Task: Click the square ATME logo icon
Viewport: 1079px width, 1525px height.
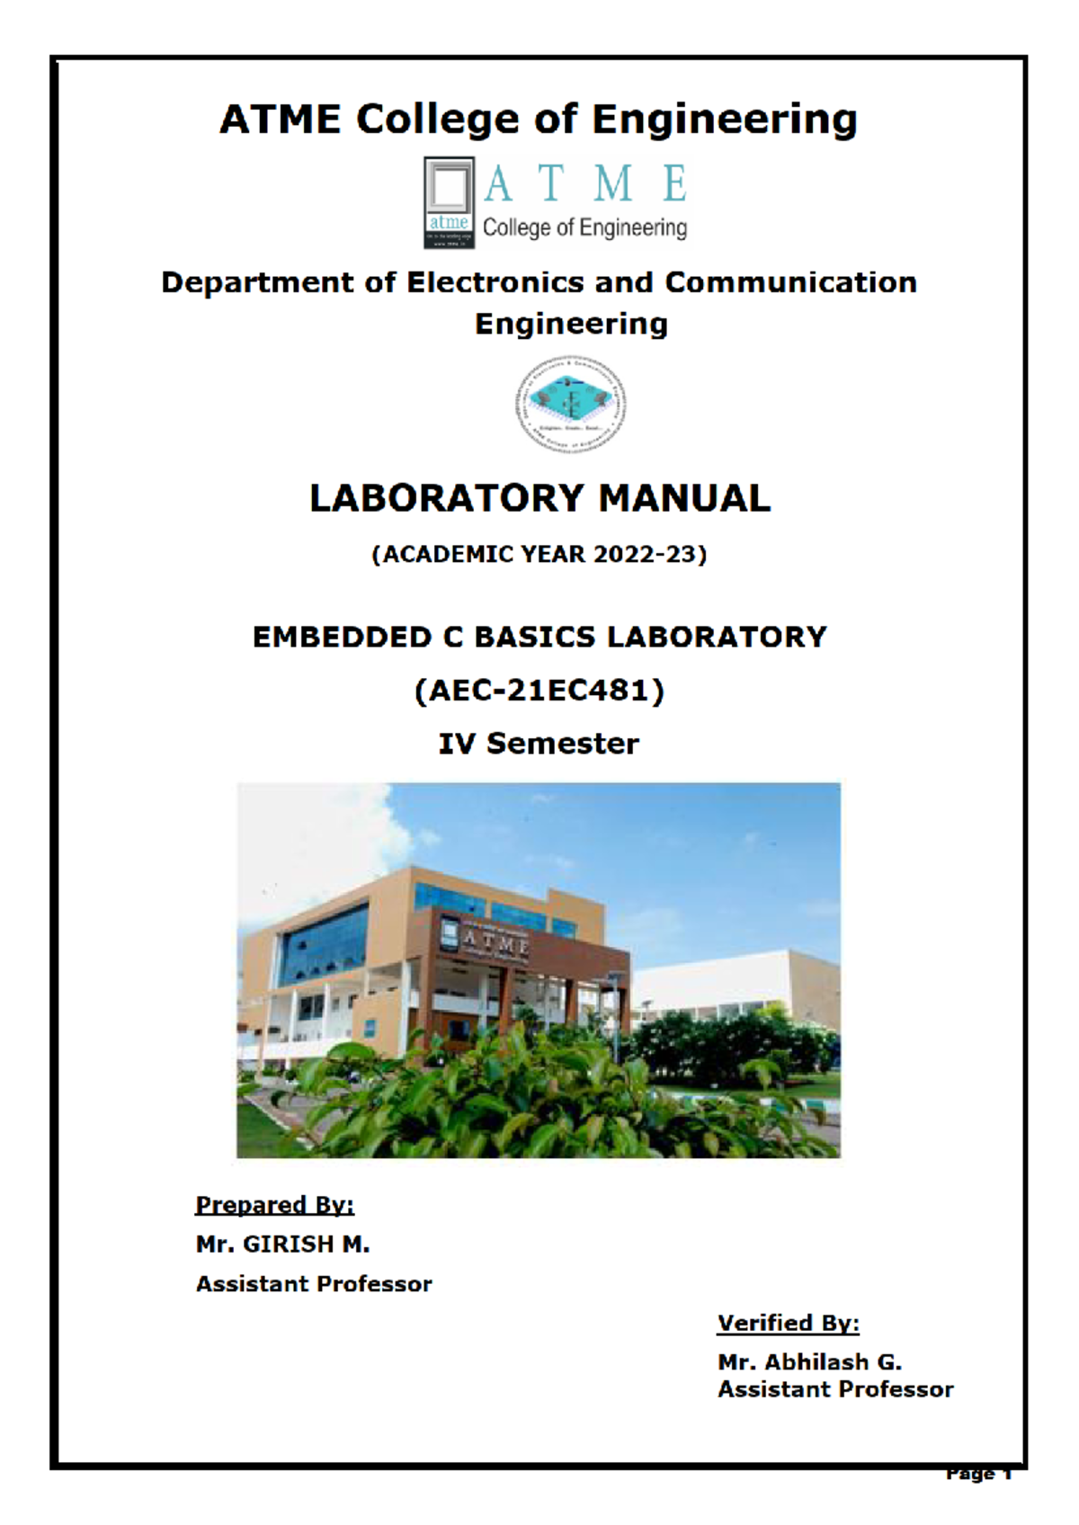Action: point(449,202)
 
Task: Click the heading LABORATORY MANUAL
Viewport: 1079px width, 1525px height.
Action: point(539,498)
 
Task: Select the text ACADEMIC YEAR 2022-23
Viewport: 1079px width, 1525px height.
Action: point(539,554)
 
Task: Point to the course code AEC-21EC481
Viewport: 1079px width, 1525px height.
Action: point(539,691)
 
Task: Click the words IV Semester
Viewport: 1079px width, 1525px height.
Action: point(539,744)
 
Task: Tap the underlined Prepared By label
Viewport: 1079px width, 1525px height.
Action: point(275,1205)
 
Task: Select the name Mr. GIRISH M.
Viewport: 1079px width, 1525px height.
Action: point(282,1244)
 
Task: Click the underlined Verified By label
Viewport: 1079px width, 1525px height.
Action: point(788,1324)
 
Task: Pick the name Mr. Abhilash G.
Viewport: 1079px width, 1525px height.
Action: point(809,1362)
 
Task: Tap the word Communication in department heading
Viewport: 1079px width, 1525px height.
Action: point(790,282)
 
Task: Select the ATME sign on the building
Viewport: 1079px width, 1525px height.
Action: point(495,943)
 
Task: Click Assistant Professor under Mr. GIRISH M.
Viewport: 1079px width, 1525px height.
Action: point(314,1284)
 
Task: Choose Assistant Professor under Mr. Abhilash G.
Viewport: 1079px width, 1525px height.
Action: point(835,1389)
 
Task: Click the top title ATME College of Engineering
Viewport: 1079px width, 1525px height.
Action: point(539,120)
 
